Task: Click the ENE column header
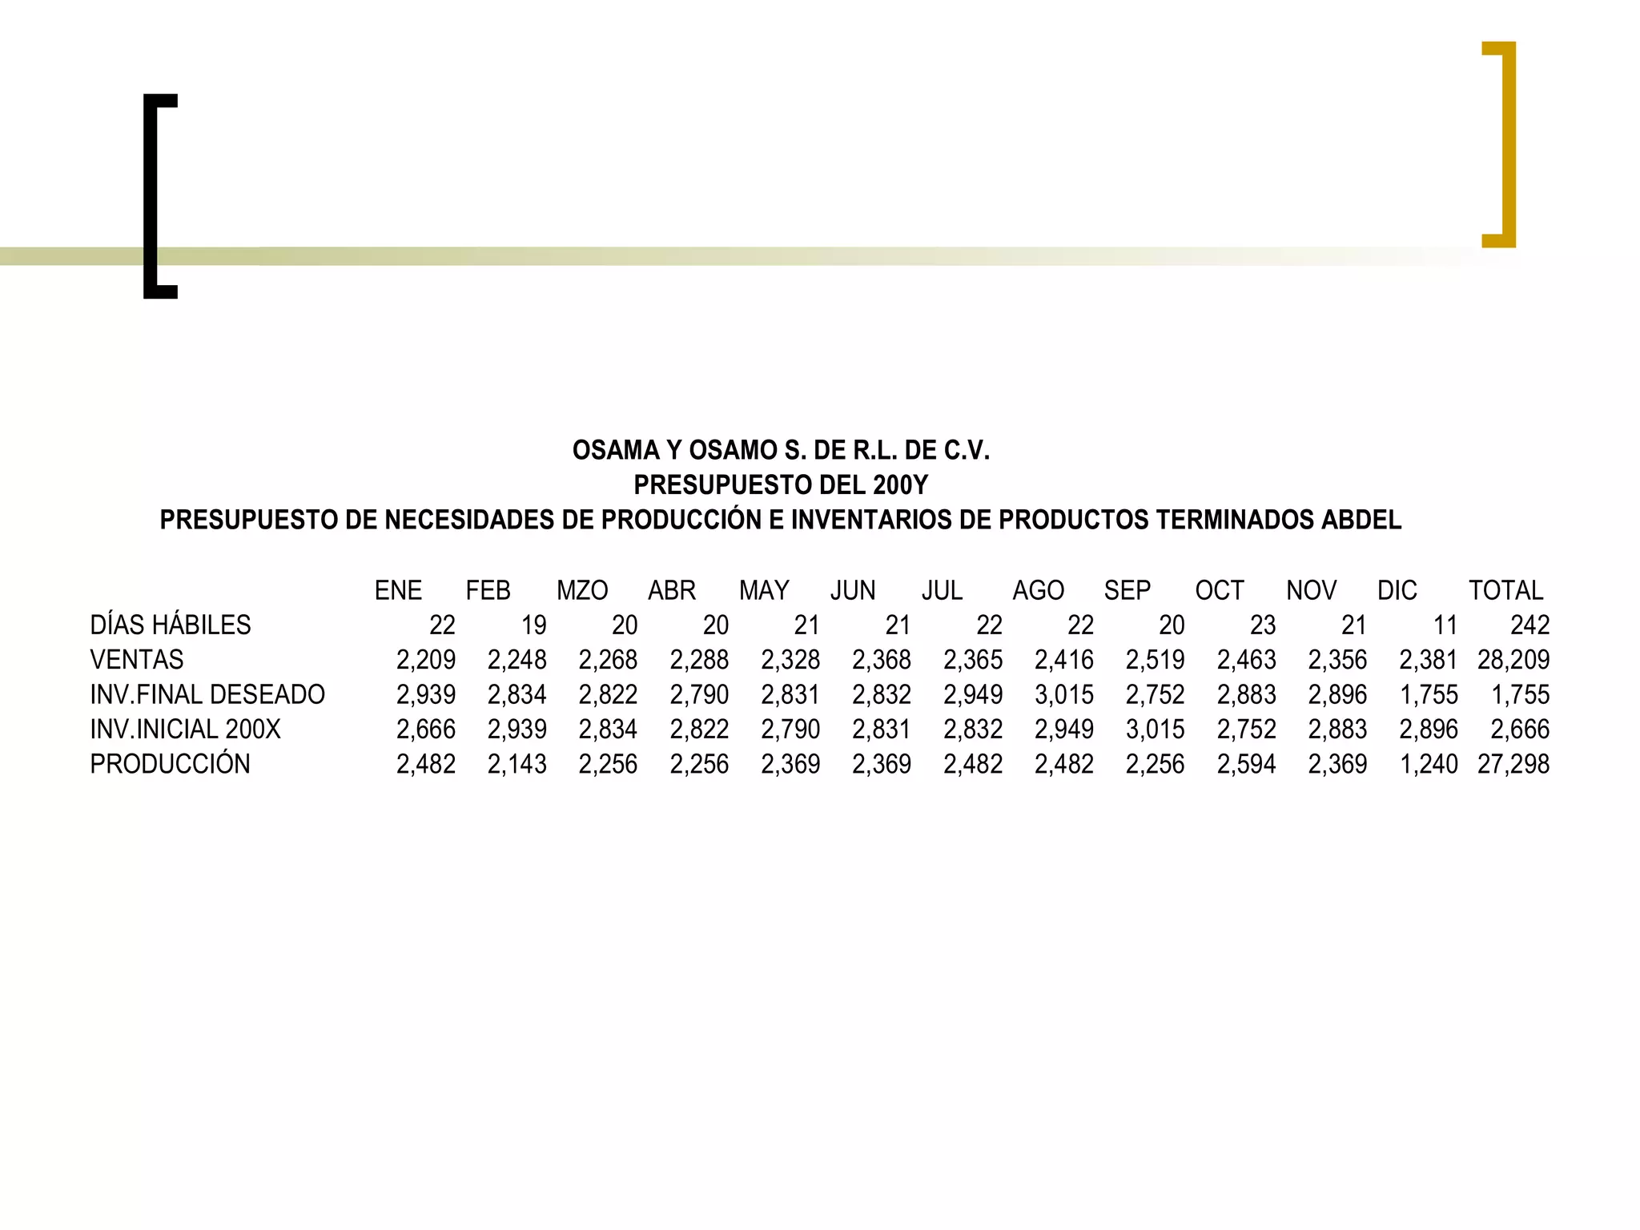tap(398, 591)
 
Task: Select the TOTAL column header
tap(1505, 591)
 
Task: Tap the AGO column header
tap(1038, 591)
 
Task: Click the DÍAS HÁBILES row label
tap(170, 625)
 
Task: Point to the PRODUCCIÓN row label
tap(170, 765)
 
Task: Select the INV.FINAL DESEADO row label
tap(207, 695)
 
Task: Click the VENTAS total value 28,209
tap(1513, 660)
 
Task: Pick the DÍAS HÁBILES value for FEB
tap(533, 625)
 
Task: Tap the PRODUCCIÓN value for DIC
tap(1428, 765)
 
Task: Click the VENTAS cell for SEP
tap(1155, 660)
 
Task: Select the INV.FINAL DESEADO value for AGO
tap(1063, 695)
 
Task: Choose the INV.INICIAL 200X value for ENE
tap(425, 730)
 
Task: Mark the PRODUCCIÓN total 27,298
tap(1513, 765)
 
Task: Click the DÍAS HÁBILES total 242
tap(1529, 625)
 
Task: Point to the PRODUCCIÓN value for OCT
tap(1246, 765)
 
